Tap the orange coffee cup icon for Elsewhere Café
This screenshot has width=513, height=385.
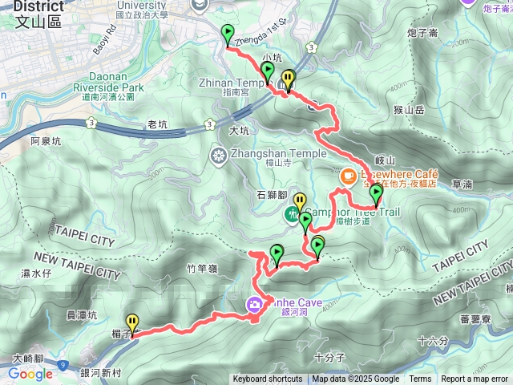pyautogui.click(x=349, y=174)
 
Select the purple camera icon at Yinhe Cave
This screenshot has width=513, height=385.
pyautogui.click(x=254, y=303)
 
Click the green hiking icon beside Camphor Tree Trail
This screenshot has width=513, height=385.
pyautogui.click(x=294, y=214)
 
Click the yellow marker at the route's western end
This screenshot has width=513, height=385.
pyautogui.click(x=132, y=322)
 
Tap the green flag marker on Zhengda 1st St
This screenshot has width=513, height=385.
pyautogui.click(x=227, y=34)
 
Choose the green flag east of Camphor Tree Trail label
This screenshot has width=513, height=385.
pyautogui.click(x=375, y=193)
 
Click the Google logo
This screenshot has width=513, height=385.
pyautogui.click(x=30, y=373)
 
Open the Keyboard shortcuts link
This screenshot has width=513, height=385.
pyautogui.click(x=268, y=379)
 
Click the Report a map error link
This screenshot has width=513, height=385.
pyautogui.click(x=475, y=379)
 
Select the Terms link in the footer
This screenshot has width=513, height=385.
pyautogui.click(x=420, y=379)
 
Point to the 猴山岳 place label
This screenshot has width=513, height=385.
pyautogui.click(x=408, y=109)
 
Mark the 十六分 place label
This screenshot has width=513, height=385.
pyautogui.click(x=434, y=341)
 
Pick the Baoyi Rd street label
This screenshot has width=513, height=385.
pyautogui.click(x=103, y=40)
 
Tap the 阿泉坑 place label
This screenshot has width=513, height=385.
pyautogui.click(x=46, y=141)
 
